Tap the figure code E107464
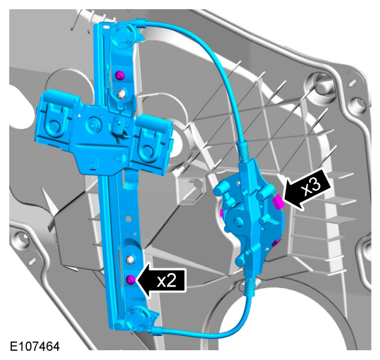35,346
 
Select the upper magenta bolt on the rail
119,75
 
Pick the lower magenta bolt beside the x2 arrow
131,279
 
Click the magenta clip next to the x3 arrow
278,202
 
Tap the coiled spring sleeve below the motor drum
250,287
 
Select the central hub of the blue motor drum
238,221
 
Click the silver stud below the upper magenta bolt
122,94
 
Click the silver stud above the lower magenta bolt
131,260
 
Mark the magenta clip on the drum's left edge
221,213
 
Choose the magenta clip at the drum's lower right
276,243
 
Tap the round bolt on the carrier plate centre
92,124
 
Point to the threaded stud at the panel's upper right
352,84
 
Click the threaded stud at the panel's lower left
32,262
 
